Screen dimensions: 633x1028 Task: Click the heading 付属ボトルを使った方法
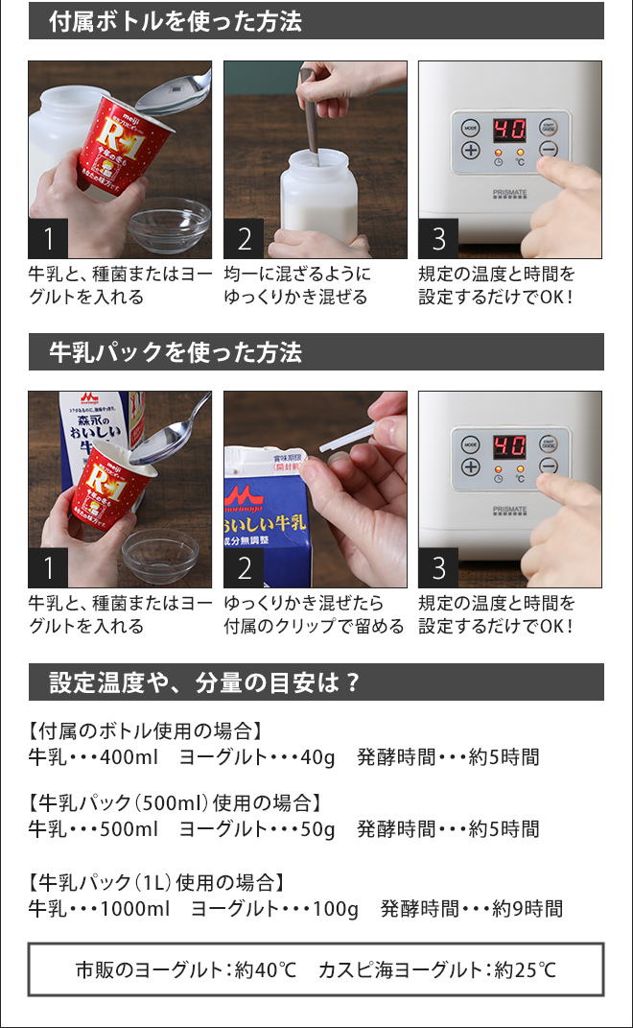tap(176, 21)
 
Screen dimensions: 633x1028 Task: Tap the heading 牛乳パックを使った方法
tap(176, 352)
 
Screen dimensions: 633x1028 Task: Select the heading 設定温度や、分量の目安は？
tap(204, 682)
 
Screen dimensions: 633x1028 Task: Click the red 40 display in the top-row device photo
tap(509, 130)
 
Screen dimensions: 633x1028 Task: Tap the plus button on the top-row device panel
tap(471, 150)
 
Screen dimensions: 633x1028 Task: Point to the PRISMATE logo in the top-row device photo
tap(510, 193)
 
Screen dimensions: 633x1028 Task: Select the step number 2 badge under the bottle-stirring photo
tap(244, 239)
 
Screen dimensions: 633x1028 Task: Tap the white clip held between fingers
tap(347, 438)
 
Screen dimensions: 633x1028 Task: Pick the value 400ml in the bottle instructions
tap(129, 757)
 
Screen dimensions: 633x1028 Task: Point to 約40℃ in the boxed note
tap(266, 969)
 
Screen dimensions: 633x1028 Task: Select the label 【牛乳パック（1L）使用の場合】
tap(156, 882)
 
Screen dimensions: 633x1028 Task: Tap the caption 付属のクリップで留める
tap(314, 626)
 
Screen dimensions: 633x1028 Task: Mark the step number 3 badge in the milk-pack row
tap(438, 568)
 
